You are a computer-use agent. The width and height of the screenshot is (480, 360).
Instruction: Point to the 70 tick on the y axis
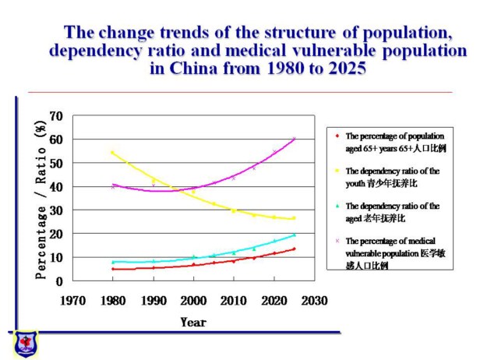(56, 116)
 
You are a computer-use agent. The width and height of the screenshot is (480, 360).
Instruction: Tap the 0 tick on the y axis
(59, 281)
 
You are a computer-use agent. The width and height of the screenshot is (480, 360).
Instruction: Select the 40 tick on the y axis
(56, 187)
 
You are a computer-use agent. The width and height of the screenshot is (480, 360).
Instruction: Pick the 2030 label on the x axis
(315, 300)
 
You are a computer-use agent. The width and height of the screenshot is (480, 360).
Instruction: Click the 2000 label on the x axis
(194, 300)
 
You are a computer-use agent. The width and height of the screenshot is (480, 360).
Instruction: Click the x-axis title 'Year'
(193, 322)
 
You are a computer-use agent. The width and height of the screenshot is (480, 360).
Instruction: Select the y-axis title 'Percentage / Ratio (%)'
(41, 199)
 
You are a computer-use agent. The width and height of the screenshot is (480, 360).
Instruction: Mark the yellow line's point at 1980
(113, 153)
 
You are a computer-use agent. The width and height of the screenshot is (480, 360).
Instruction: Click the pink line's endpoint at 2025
(294, 139)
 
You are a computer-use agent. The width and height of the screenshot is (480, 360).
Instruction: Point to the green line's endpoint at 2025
(294, 235)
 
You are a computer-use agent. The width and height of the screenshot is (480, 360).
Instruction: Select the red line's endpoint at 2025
(294, 249)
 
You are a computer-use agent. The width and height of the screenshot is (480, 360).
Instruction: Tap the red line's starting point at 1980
(113, 269)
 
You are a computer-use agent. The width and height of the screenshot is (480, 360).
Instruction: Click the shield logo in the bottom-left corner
(25, 343)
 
